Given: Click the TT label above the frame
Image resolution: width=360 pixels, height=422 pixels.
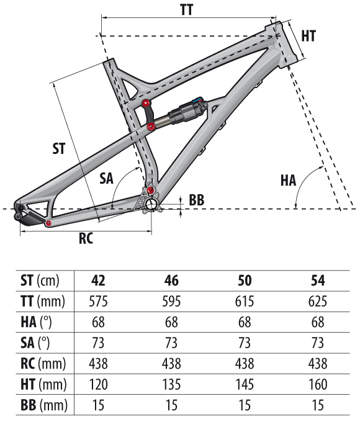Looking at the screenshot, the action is coord(187,9).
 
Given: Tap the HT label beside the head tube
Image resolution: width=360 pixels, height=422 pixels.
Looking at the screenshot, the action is coord(308,36).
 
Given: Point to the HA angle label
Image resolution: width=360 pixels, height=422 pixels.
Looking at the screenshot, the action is coord(288,181).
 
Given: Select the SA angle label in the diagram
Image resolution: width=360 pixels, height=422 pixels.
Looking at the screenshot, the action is coord(106,178).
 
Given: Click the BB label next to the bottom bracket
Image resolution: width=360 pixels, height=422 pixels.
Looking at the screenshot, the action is coord(196,200).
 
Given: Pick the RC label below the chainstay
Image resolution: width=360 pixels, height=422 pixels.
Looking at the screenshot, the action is coord(86,238).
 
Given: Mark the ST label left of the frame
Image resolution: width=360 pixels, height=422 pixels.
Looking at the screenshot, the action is coord(59,148).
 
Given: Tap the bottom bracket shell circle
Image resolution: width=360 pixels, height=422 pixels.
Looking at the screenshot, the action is coord(151,205).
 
